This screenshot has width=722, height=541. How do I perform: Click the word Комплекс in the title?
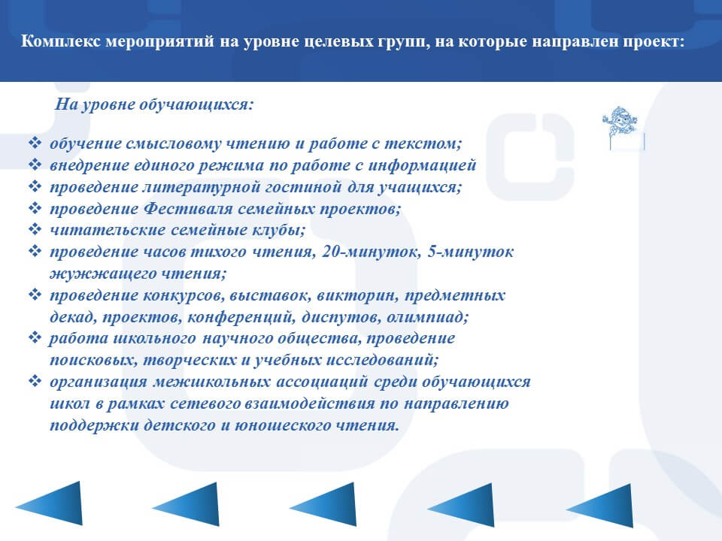[61, 42]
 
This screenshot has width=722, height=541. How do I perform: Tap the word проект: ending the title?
[654, 42]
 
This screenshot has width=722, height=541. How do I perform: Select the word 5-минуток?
[470, 252]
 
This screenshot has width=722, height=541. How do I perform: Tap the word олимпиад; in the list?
[427, 317]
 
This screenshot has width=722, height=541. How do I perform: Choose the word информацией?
[422, 165]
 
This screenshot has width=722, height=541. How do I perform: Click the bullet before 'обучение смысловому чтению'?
[35, 143]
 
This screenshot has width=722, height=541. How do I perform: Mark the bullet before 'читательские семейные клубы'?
[35, 229]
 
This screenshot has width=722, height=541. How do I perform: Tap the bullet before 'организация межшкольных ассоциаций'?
[35, 381]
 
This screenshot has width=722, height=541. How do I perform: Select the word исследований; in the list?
[382, 360]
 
